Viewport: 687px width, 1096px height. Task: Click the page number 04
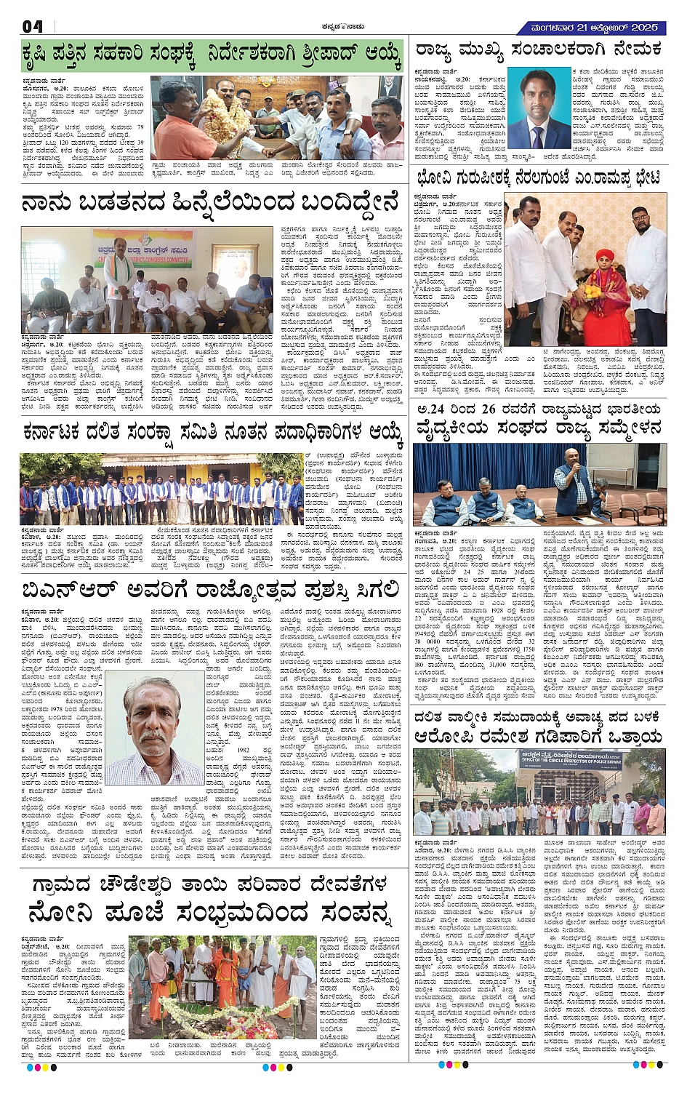click(x=33, y=26)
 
